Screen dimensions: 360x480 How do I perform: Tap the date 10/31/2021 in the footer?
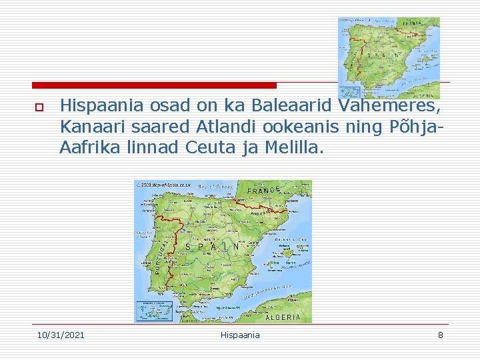point(61,335)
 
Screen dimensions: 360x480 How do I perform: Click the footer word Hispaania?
point(240,335)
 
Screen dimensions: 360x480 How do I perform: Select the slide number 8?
point(440,335)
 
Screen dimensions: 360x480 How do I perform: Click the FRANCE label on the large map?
point(264,191)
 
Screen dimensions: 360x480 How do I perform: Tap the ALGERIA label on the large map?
point(283,317)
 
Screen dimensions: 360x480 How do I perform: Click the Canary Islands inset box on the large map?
point(154,311)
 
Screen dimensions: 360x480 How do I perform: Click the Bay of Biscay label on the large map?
point(216,187)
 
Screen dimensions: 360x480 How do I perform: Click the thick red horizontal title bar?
point(154,85)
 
